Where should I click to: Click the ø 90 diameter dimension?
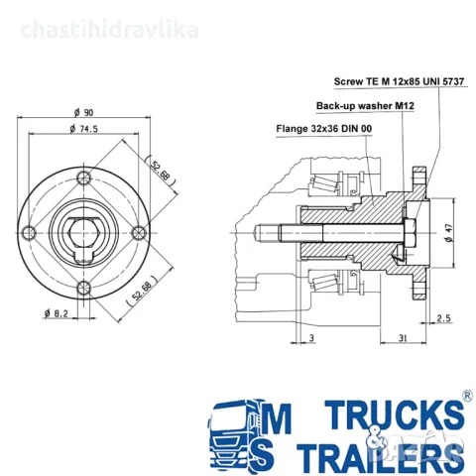[x=84, y=113]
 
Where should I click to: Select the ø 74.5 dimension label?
[x=84, y=129]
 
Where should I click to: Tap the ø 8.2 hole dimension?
[x=56, y=313]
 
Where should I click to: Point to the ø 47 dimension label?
[x=448, y=233]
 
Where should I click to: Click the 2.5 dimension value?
[x=443, y=318]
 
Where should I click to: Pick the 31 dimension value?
[x=403, y=338]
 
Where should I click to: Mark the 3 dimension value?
[x=311, y=338]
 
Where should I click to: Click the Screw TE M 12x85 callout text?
[x=399, y=81]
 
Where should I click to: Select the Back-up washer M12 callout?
[x=365, y=106]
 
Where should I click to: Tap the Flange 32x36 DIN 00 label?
[x=324, y=128]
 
